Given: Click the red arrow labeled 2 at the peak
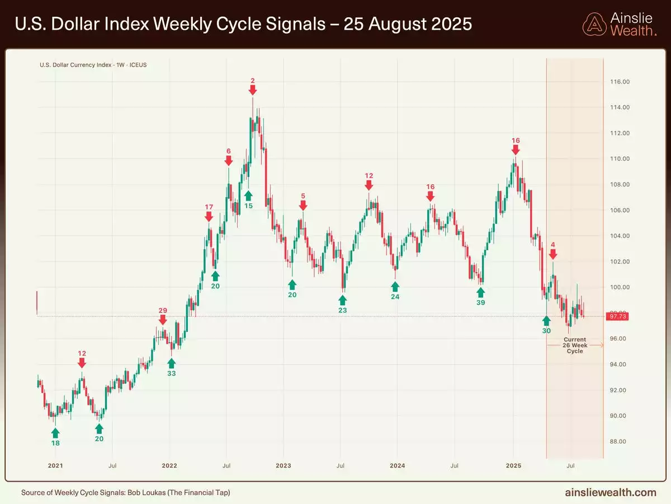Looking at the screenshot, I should tap(253, 90).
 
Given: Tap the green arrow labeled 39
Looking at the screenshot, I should tap(480, 292).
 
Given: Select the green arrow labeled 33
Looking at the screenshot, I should tap(172, 363).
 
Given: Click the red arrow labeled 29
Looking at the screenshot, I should tap(163, 320).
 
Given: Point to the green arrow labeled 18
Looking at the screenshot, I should tap(55, 433).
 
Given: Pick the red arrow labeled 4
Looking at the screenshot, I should tap(552, 254).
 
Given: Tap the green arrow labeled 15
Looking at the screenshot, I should tap(248, 195).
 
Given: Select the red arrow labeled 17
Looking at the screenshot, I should tap(209, 216).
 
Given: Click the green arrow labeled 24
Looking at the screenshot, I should tap(395, 286).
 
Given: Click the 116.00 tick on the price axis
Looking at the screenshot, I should tap(619, 82).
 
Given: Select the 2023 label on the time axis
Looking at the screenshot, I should tap(283, 465).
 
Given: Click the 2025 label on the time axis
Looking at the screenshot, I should tap(513, 465).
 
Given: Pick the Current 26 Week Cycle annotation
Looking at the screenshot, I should tap(575, 346).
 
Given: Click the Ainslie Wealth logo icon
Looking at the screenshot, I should tap(594, 24).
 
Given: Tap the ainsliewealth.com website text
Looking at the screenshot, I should tap(611, 493).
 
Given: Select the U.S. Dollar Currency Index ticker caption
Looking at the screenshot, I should tap(93, 65).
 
